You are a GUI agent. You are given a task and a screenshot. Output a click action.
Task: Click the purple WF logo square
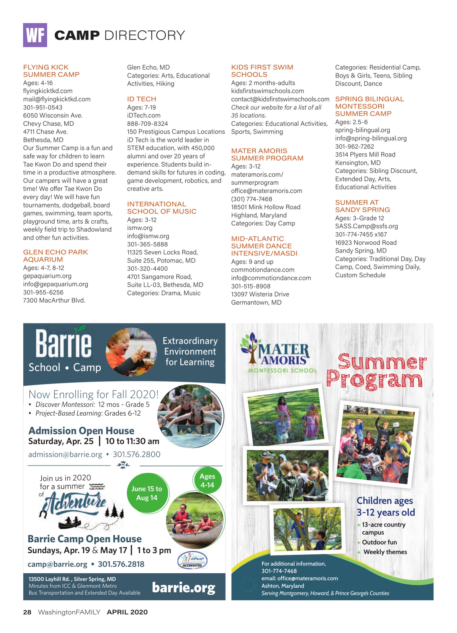(35, 35)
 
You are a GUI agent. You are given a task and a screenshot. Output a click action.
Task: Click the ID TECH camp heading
(142, 99)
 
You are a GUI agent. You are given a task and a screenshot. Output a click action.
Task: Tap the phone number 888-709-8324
(147, 124)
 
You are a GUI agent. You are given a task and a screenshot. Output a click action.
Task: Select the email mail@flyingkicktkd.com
(57, 99)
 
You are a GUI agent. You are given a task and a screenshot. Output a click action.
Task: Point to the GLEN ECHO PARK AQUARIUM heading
(55, 256)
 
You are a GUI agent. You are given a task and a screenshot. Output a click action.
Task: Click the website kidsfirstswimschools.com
(267, 91)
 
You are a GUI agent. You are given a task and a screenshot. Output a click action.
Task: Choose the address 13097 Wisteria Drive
(260, 294)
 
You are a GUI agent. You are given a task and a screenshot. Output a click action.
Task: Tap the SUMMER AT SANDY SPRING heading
(362, 206)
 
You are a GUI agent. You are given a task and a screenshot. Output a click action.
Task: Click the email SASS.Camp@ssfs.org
(366, 226)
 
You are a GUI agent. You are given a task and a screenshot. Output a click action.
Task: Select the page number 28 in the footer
(27, 612)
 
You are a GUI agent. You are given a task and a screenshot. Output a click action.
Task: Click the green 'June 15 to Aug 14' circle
(147, 493)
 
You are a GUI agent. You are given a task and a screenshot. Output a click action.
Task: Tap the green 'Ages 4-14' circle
(207, 480)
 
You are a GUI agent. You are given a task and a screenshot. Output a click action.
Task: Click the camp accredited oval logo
(192, 560)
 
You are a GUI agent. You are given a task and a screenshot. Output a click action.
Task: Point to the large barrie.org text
(184, 588)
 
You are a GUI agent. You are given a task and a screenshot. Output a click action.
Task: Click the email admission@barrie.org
(65, 454)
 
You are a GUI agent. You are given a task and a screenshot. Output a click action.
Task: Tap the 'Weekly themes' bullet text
(385, 552)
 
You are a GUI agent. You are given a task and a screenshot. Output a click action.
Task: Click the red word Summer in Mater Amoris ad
(382, 362)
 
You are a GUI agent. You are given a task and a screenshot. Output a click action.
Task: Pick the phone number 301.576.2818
(121, 564)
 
